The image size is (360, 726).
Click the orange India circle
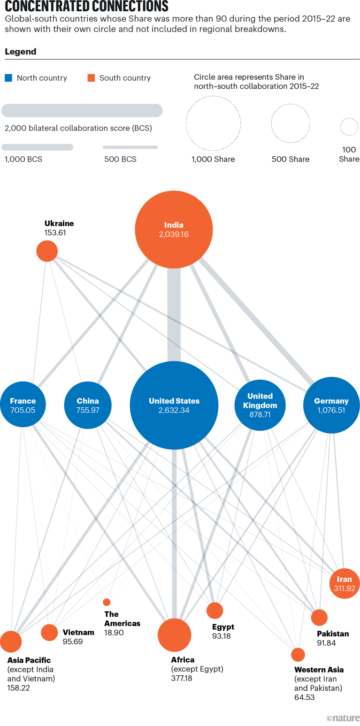[x=174, y=229]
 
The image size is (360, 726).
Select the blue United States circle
[x=174, y=405]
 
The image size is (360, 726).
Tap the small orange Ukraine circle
[x=47, y=251]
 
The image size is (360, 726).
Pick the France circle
[x=23, y=405]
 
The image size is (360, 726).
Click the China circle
[x=88, y=405]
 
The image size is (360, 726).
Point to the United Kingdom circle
[x=260, y=405]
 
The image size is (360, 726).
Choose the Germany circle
[x=331, y=405]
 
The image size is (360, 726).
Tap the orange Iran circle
[x=345, y=584]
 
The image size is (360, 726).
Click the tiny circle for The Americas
[x=107, y=602]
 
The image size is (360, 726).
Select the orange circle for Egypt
[x=214, y=611]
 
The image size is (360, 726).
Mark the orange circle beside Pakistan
[x=319, y=618]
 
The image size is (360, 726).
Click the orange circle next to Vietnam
[x=49, y=632]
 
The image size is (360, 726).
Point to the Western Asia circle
[x=298, y=654]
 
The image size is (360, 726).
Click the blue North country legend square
[x=8, y=78]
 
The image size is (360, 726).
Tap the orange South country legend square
[x=91, y=78]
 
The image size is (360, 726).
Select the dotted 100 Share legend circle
[x=349, y=127]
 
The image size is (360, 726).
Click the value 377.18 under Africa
[x=182, y=678]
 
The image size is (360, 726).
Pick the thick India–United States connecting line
[x=174, y=314]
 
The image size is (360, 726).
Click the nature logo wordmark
[x=343, y=718]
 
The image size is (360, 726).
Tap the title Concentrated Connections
[x=86, y=7]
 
